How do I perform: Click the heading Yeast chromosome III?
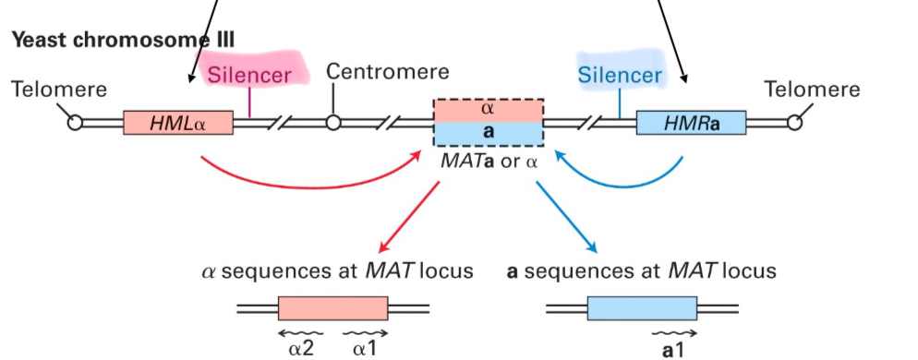[x=123, y=42]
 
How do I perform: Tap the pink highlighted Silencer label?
[x=248, y=75]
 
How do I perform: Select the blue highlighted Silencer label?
[x=620, y=75]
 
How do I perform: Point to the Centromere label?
[x=388, y=71]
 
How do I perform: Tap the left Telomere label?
[x=59, y=90]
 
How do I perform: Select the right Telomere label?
[x=812, y=90]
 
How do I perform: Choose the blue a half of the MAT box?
[x=489, y=134]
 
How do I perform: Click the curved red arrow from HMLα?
[x=305, y=175]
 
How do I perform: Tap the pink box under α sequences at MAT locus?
[x=332, y=308]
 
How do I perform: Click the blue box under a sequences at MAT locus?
[x=642, y=308]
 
